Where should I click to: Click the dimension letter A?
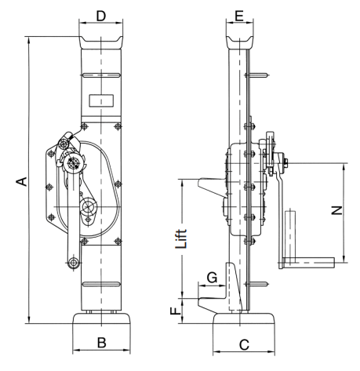coord(22,181)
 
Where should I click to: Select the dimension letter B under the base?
coord(102,343)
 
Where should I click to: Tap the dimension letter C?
coord(244,345)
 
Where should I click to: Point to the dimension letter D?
coord(101,16)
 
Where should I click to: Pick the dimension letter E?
coord(239,16)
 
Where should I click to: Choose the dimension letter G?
coord(212,278)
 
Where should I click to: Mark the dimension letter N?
coord(337,210)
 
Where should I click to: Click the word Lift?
coord(181,238)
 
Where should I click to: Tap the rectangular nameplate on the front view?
coord(101,100)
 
